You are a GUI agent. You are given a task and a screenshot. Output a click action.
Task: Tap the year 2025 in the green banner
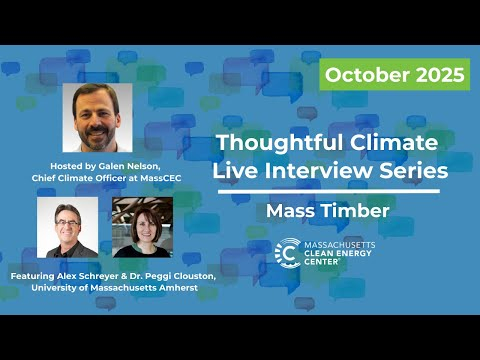coord(438,74)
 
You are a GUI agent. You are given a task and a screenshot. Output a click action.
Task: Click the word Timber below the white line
coord(352,211)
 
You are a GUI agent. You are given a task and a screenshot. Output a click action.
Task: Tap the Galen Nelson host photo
coord(97,118)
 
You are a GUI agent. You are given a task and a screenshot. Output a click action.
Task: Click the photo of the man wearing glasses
coord(67,227)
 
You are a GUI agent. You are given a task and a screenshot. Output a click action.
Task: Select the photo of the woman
coord(142,227)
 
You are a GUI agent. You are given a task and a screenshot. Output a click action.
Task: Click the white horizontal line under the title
coord(326,191)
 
